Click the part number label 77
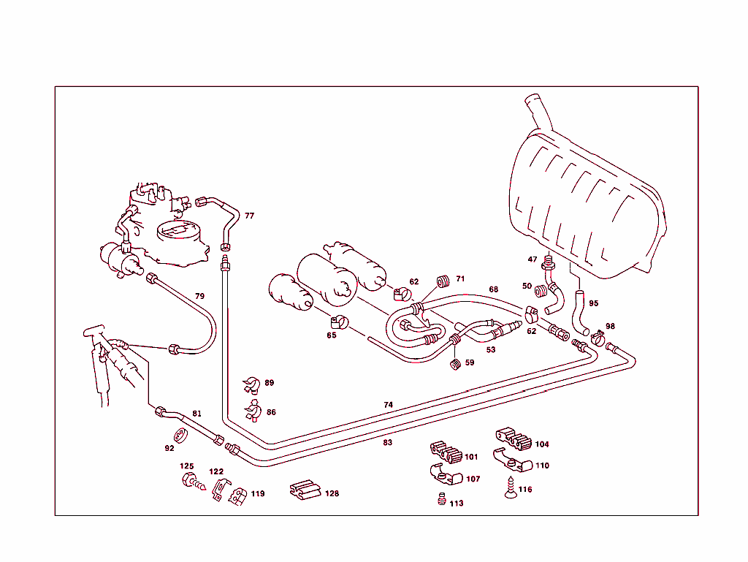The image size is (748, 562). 249,216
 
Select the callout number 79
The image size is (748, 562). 199,296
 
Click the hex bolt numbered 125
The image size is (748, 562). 189,482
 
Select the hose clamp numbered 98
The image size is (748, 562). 597,338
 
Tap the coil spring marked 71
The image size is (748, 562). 442,281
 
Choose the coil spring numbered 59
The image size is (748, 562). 454,362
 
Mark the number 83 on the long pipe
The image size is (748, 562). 387,442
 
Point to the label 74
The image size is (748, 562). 388,404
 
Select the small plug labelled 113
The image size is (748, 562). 440,499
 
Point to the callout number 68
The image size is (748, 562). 493,289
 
